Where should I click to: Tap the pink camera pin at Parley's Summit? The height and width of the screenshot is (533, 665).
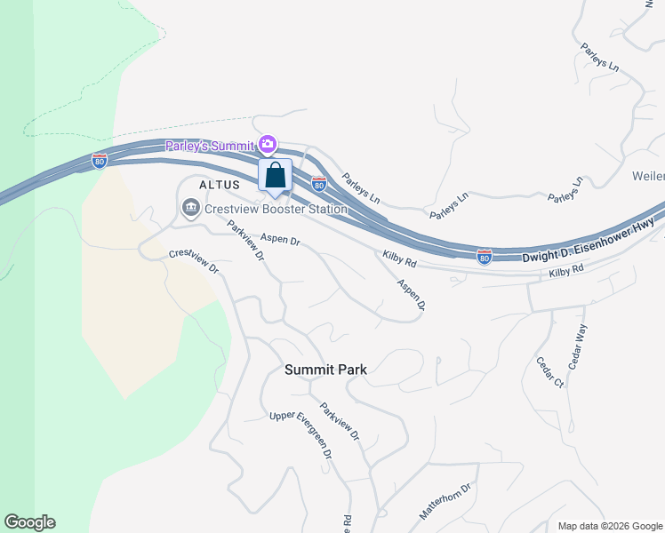click(268, 144)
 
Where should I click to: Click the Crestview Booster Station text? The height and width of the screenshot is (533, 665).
click(276, 210)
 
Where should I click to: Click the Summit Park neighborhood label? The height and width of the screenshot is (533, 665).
click(325, 369)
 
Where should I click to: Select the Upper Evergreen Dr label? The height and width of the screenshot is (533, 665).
click(301, 435)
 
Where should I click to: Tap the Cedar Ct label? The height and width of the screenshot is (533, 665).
click(549, 371)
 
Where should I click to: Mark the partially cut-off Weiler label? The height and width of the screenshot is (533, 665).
click(648, 176)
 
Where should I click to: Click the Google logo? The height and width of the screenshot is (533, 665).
click(29, 522)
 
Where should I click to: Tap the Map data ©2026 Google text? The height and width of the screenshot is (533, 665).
click(610, 526)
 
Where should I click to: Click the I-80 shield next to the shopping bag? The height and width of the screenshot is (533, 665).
click(319, 184)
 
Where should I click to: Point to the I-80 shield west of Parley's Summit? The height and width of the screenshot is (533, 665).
click(100, 161)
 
